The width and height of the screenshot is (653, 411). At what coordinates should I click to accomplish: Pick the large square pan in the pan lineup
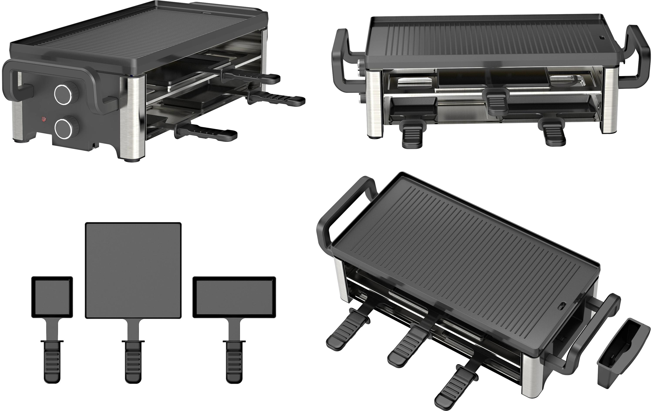click(133, 270)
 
